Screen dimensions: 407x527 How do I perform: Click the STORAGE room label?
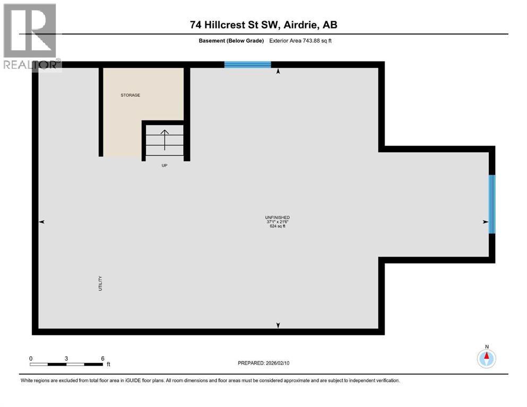[x=129, y=95]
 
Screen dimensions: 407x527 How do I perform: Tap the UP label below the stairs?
[x=165, y=166]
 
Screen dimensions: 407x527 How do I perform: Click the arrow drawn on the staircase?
[x=165, y=139]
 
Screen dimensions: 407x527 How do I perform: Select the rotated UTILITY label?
[x=100, y=284]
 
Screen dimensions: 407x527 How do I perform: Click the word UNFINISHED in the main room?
[x=277, y=217]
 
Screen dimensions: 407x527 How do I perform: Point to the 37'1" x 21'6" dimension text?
[x=277, y=222]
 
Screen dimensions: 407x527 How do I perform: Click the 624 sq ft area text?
[x=277, y=226]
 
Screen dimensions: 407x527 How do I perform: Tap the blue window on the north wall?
[x=247, y=65]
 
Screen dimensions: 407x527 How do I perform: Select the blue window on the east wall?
[x=491, y=204]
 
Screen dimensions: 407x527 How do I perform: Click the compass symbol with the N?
[x=486, y=358]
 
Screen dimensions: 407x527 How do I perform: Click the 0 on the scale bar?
[x=31, y=358]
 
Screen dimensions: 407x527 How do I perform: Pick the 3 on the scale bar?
[x=66, y=358]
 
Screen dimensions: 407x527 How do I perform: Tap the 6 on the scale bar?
[x=102, y=358]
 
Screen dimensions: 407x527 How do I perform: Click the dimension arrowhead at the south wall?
[x=278, y=326]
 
